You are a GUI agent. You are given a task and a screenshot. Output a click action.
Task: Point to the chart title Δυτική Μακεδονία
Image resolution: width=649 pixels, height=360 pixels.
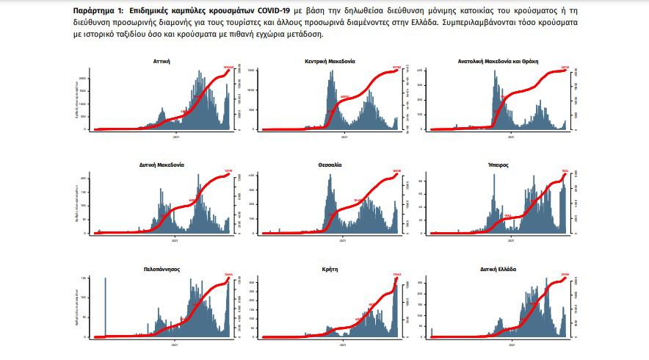coord(159,165)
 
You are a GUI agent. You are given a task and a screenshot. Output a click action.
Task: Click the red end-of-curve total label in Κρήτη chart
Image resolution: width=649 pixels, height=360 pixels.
coord(396,275)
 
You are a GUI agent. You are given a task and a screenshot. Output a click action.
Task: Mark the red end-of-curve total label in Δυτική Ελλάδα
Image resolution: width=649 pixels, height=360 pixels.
coord(565,275)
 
